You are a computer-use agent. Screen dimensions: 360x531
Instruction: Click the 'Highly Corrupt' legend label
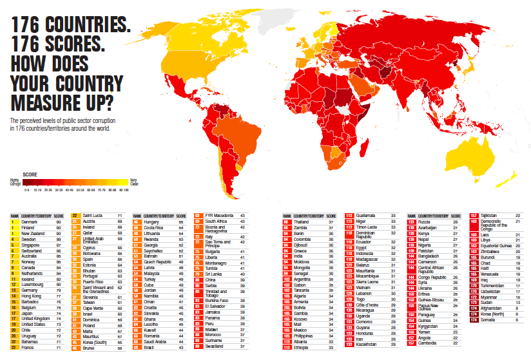click(15, 182)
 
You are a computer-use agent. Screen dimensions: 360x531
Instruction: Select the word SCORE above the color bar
click(30, 174)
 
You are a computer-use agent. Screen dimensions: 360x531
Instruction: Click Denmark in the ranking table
click(30, 222)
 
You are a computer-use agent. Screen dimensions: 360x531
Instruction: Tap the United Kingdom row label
click(35, 318)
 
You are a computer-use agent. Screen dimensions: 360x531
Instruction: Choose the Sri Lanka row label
click(215, 274)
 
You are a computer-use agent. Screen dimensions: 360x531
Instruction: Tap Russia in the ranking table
click(424, 222)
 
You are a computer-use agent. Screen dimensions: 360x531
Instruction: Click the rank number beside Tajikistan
click(474, 216)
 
